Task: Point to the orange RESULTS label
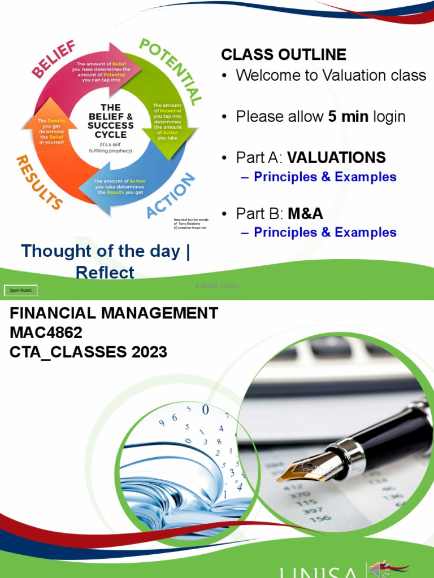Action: [39, 182]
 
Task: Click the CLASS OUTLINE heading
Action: [284, 55]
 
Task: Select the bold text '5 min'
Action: [348, 117]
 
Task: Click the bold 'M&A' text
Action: [305, 213]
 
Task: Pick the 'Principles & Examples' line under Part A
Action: [325, 177]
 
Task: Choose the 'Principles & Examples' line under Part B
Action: [325, 232]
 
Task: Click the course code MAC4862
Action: [46, 333]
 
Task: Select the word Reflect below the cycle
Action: [105, 273]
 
